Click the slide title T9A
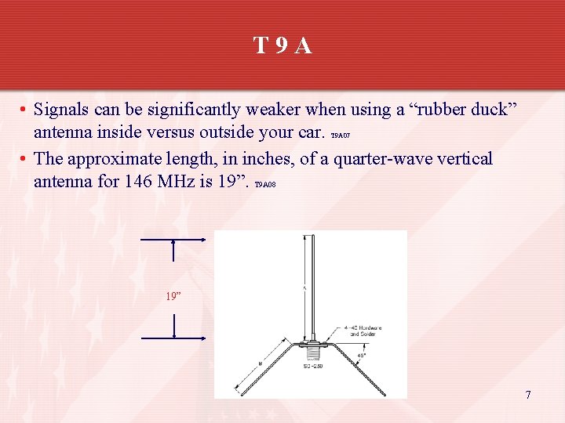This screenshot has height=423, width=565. coord(282,46)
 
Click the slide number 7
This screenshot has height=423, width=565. coord(528,395)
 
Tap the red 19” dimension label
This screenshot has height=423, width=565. coord(173,296)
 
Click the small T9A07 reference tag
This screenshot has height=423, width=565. coord(340,136)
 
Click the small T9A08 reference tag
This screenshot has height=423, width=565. coord(265,186)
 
